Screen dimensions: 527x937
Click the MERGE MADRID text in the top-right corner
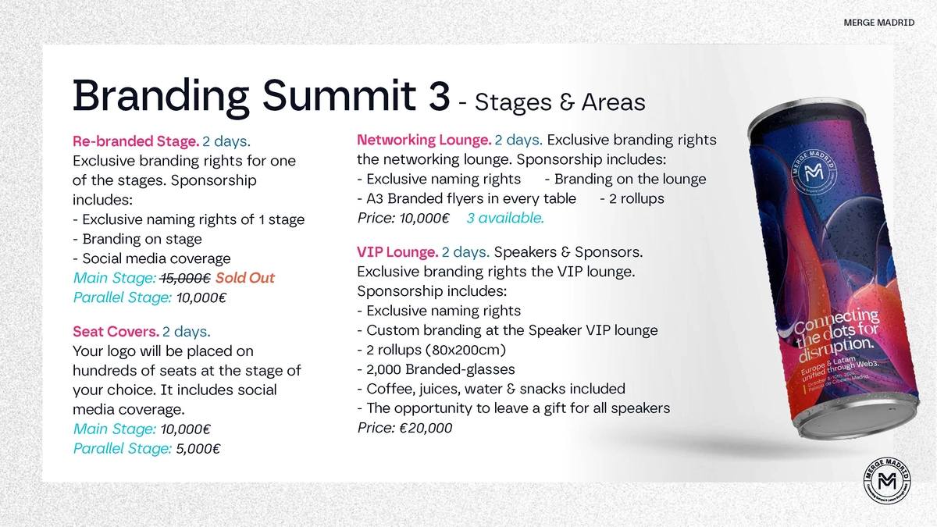(x=878, y=23)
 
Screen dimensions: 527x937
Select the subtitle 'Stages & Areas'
(x=560, y=101)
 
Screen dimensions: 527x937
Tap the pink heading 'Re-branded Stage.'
(x=135, y=142)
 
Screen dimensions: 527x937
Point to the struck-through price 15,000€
(x=185, y=279)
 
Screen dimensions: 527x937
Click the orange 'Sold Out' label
(x=245, y=279)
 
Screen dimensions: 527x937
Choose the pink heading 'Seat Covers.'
(x=116, y=332)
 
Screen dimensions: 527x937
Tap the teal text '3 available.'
(x=504, y=218)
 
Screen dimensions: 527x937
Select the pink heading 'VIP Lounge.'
(x=397, y=253)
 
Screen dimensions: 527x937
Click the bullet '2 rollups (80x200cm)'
(x=432, y=350)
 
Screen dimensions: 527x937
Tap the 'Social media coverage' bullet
(x=151, y=258)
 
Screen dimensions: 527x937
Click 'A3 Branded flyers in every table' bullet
(x=466, y=198)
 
